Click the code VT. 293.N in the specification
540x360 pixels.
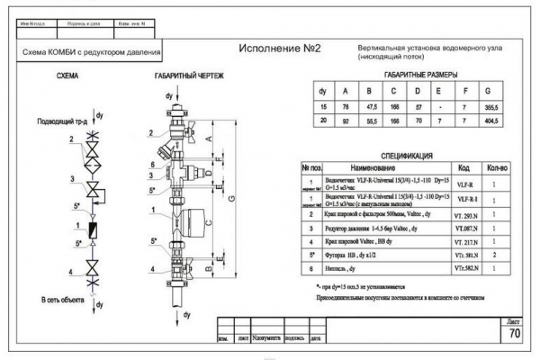465,215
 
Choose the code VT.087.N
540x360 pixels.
465,229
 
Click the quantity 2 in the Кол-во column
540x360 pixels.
496,256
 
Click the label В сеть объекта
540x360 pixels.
63,298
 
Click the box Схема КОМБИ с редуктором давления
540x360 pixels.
92,53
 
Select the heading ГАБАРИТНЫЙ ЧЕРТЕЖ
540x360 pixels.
188,76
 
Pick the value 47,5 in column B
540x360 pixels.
368,107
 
